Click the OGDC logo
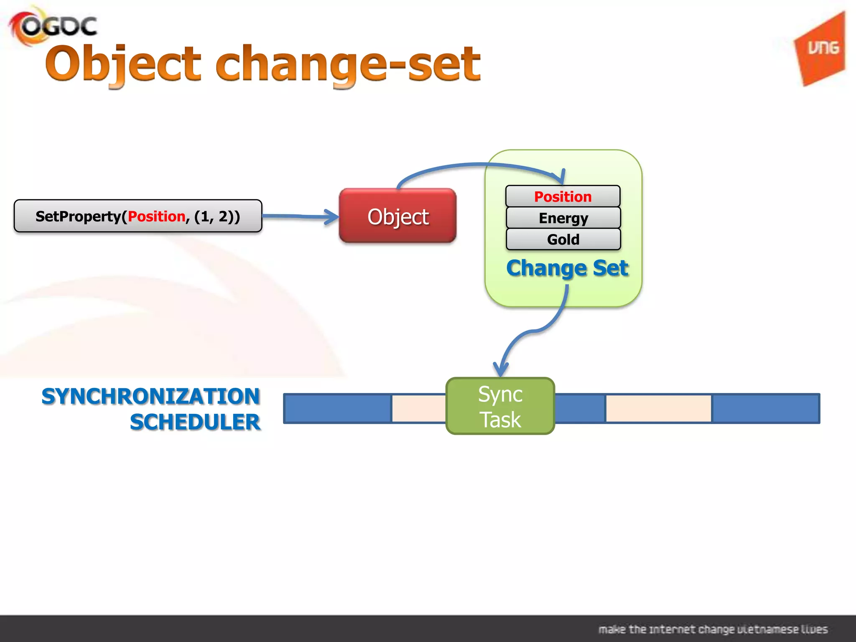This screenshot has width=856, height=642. [53, 26]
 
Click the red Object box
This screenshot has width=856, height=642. [397, 216]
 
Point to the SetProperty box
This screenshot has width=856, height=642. [138, 216]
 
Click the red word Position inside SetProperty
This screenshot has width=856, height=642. [156, 217]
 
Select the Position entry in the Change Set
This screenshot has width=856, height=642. [563, 196]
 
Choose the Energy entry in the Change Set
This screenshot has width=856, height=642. [563, 218]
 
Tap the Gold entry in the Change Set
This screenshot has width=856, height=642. [563, 239]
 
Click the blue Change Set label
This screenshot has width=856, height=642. [567, 268]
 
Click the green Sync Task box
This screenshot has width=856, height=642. [500, 406]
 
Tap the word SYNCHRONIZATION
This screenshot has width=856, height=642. [151, 396]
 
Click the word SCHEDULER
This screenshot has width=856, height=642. [195, 422]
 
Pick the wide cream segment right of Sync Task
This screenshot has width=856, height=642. [658, 408]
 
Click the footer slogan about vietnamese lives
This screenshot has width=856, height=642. [713, 629]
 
